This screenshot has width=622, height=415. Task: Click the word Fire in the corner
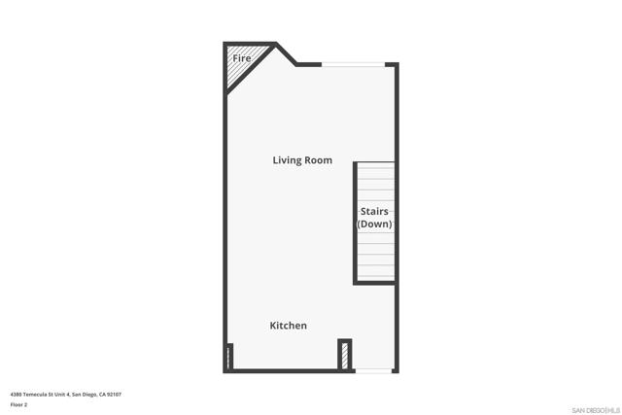click(x=242, y=58)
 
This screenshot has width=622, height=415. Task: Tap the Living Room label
click(x=302, y=160)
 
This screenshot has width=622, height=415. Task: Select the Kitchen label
click(x=288, y=326)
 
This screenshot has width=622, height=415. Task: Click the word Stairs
click(x=375, y=212)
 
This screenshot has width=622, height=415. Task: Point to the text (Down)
click(x=374, y=225)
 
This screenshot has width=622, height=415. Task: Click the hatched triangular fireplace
click(x=236, y=70)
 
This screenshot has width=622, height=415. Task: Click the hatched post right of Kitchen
click(x=343, y=354)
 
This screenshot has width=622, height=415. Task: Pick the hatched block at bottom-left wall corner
click(x=229, y=357)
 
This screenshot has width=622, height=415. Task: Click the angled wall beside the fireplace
click(x=288, y=54)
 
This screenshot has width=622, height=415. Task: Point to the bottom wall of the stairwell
click(x=374, y=282)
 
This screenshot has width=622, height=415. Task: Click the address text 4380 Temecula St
click(x=39, y=395)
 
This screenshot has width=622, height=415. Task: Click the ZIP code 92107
click(x=114, y=395)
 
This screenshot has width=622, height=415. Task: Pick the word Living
click(x=286, y=160)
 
